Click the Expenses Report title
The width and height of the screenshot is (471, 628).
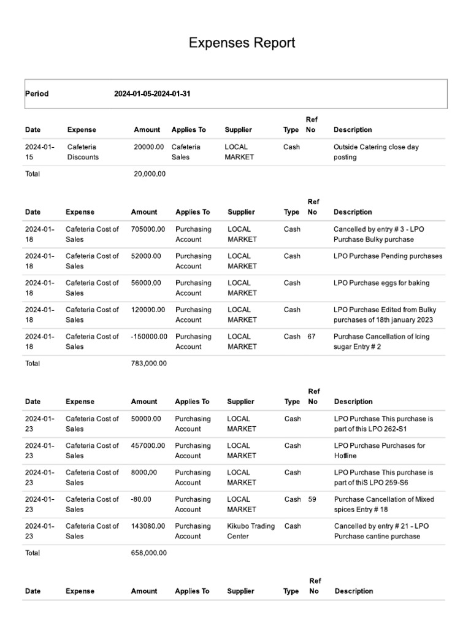pos(242,43)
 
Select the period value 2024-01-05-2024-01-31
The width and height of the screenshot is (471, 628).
pos(156,94)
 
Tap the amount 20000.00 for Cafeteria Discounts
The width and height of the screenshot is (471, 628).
pos(149,147)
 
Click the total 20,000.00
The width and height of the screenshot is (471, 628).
pos(150,174)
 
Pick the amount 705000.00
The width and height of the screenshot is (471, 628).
pos(148,229)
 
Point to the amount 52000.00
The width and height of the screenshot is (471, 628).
pos(146,256)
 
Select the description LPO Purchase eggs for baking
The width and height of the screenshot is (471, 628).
pos(381,283)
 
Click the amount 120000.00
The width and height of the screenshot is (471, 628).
pos(148,310)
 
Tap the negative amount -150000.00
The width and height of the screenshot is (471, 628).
pos(149,337)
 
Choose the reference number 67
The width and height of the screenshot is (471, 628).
pos(312,337)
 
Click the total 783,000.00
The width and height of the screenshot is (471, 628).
pos(148,363)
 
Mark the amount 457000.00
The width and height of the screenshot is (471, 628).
pos(148,446)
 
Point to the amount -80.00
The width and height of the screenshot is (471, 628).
pos(141,499)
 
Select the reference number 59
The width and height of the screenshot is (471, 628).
pos(312,499)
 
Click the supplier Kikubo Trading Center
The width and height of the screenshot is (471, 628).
pos(250,531)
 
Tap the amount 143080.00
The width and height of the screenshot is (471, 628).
pos(148,526)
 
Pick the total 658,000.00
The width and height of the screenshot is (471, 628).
pos(148,553)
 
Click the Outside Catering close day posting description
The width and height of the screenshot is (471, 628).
pos(376,152)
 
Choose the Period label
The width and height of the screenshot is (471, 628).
pos(37,94)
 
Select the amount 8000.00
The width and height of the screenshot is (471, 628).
pos(144,473)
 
